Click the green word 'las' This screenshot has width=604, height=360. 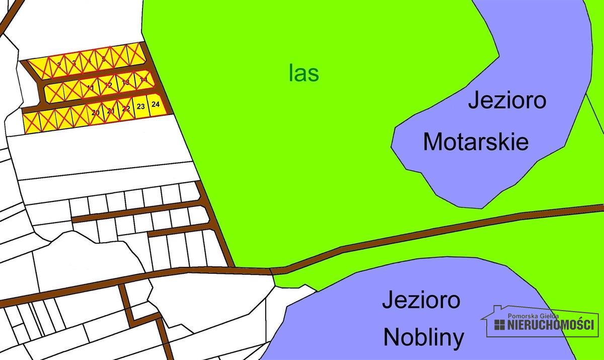click(x=304, y=74)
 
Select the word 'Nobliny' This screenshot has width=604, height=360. click(x=424, y=337)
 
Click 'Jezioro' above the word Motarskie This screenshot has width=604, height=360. click(x=507, y=100)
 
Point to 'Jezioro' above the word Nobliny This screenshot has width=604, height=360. click(x=421, y=300)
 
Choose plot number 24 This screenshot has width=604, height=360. click(x=156, y=105)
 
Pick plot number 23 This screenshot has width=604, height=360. click(x=141, y=106)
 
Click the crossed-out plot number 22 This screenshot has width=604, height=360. click(x=126, y=108)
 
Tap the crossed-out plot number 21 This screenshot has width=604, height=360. click(x=111, y=110)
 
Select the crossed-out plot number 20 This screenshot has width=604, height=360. click(x=96, y=112)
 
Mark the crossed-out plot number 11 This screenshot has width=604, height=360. click(x=91, y=88)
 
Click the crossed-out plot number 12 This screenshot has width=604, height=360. click(x=108, y=85)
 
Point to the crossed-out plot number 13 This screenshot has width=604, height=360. click(x=126, y=82)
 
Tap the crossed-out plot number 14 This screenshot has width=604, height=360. click(x=143, y=79)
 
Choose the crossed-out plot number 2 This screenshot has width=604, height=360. click(x=59, y=64)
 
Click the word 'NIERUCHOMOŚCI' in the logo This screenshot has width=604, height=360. click(x=551, y=325)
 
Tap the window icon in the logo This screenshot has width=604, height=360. click(x=499, y=325)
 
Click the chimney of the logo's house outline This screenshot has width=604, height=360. click(x=497, y=308)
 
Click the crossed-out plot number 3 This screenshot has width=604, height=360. click(x=74, y=62)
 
